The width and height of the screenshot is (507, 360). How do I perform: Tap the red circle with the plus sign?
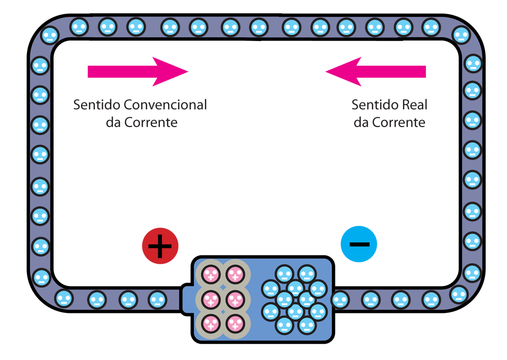tap(160, 246)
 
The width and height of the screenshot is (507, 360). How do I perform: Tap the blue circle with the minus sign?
tap(359, 244)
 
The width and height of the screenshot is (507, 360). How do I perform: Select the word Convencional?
tap(165, 105)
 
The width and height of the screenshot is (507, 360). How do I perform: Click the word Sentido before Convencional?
tap(97, 105)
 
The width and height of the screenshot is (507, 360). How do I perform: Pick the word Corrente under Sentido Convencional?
tap(152, 123)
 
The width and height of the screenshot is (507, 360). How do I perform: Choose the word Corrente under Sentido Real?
tap(399, 123)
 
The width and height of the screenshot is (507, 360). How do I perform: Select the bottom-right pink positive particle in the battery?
tap(234, 323)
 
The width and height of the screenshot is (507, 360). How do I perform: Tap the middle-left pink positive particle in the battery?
tap(210, 299)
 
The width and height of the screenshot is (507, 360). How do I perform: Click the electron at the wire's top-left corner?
tap(50, 35)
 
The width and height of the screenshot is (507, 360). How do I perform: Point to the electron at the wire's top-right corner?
tap(460, 35)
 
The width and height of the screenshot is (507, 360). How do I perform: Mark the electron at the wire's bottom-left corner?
tap(41, 277)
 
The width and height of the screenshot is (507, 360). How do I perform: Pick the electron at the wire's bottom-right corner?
tap(458, 294)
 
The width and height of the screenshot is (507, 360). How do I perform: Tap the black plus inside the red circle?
tap(160, 246)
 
